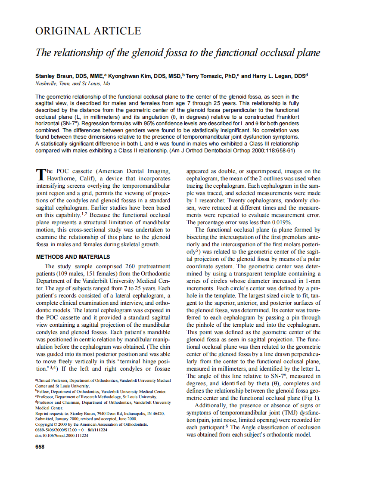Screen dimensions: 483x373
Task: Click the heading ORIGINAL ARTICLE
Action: pyautogui.click(x=88, y=31)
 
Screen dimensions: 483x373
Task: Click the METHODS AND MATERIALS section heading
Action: pyautogui.click(x=73, y=257)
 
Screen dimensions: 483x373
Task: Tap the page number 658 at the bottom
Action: pyautogui.click(x=40, y=447)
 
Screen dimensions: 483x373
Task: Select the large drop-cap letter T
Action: pyautogui.click(x=40, y=174)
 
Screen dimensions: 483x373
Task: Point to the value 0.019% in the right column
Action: pyautogui.click(x=282, y=222)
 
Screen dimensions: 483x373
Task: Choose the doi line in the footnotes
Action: pyautogui.click(x=62, y=436)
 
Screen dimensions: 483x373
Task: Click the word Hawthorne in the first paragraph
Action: pyautogui.click(x=63, y=179)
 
